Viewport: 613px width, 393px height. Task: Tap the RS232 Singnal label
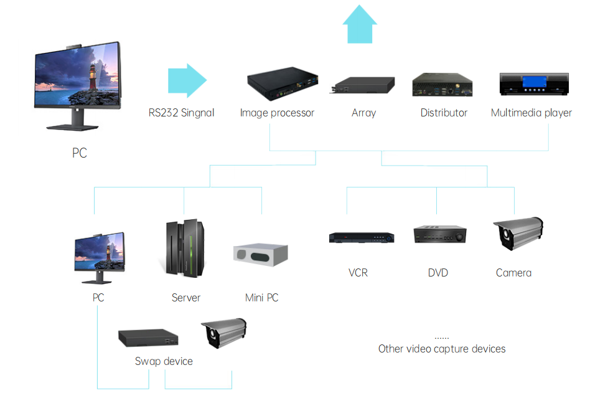(x=181, y=113)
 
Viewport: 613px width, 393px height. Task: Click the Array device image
(x=363, y=85)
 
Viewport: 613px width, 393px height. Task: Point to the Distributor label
(x=444, y=113)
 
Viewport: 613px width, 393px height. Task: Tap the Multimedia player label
(x=531, y=113)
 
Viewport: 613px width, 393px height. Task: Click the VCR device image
(x=362, y=237)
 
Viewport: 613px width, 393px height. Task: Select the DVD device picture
(x=439, y=235)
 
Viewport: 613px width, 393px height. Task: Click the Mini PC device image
(x=261, y=253)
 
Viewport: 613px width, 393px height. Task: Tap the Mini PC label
(x=261, y=298)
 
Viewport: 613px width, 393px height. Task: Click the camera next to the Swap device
(x=223, y=332)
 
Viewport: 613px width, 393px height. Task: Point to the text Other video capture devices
(x=442, y=349)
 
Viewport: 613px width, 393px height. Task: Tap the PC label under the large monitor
(x=80, y=153)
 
